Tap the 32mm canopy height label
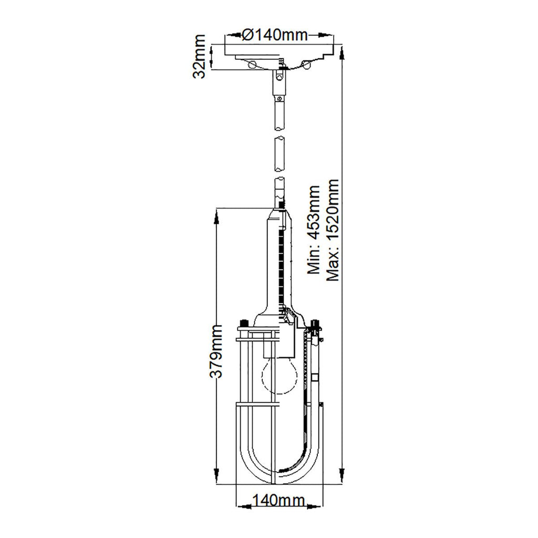(x=199, y=57)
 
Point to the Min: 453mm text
(x=314, y=230)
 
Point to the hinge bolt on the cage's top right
(x=315, y=327)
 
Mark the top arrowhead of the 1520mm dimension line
(x=343, y=50)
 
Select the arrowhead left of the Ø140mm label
(x=231, y=36)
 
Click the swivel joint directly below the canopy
(x=278, y=81)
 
